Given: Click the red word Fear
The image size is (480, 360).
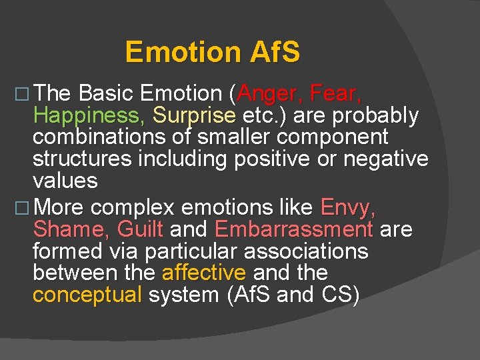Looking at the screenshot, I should tap(337, 94).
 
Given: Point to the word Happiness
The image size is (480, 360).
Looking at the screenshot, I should tap(89, 116).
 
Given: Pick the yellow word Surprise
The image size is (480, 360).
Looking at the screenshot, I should tap(194, 116).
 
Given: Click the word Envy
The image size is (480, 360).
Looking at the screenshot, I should tap(349, 207).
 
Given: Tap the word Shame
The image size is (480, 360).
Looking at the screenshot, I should tap(71, 229).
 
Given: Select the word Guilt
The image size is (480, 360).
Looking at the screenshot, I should tap(139, 229).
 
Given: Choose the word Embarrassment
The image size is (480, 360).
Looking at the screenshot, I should tap(293, 229).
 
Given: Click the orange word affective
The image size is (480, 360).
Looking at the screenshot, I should tap(204, 273).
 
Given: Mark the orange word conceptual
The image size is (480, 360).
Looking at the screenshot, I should tap(87, 295).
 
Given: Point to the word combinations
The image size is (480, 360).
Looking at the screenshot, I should tap(103, 137).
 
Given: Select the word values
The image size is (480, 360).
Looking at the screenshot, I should tap(65, 181).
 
